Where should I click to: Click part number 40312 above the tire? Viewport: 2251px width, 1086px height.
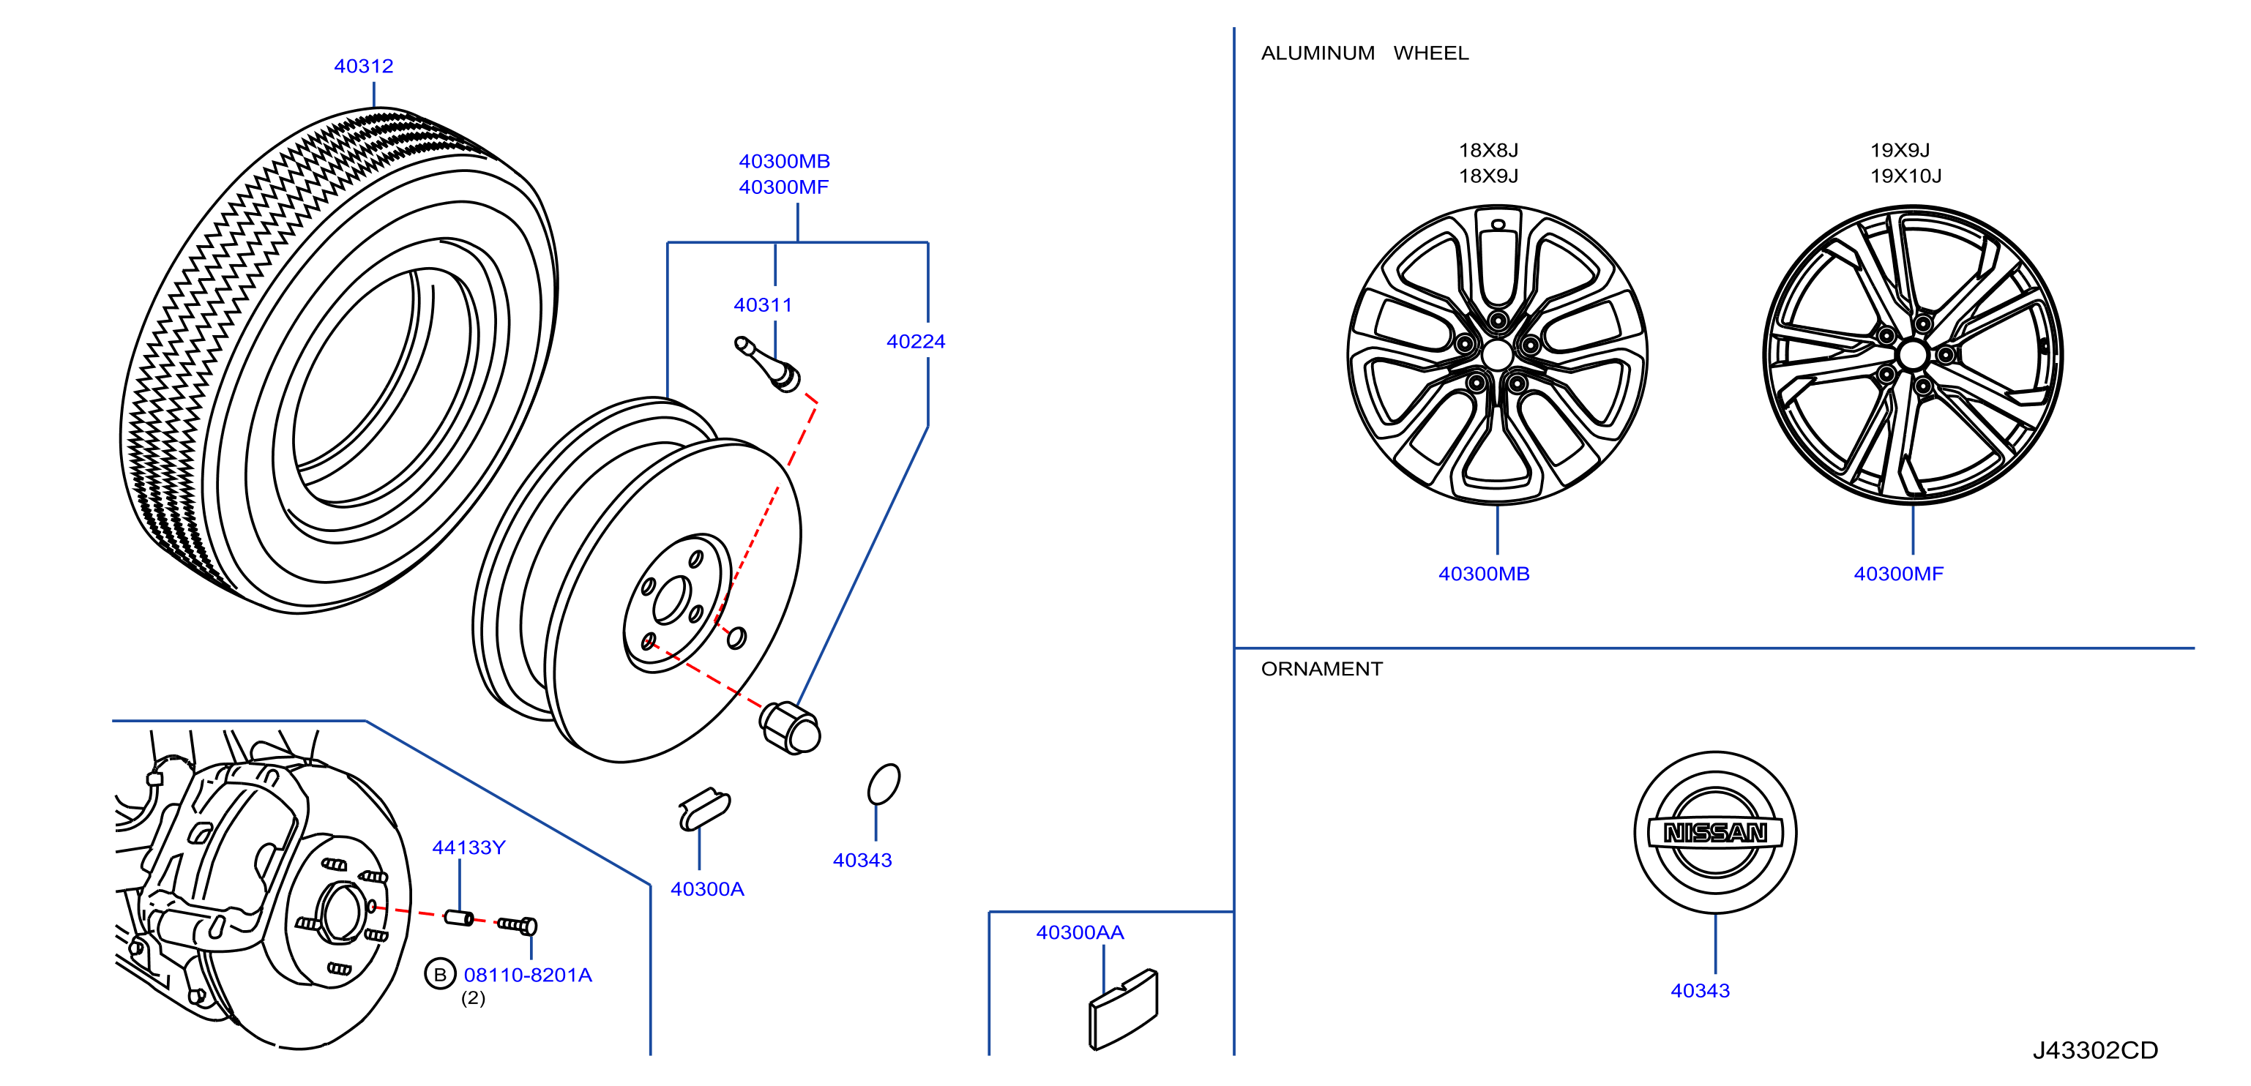364,67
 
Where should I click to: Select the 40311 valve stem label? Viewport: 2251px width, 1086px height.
763,305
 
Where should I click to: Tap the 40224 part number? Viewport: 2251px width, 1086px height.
916,342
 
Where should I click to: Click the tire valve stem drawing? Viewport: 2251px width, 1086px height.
767,364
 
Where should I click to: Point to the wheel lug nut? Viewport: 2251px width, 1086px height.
790,727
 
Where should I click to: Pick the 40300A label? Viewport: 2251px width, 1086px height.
707,889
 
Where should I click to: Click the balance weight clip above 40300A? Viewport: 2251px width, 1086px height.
704,808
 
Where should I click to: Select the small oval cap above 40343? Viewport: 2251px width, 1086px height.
884,784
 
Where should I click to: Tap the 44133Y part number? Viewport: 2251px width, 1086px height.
469,847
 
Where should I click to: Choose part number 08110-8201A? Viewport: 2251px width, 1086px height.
528,975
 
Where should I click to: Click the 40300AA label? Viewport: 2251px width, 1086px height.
1080,933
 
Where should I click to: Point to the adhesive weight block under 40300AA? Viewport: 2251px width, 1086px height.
1123,1009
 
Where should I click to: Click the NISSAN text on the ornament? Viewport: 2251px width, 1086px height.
1715,833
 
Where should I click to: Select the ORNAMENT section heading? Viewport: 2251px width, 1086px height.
1321,670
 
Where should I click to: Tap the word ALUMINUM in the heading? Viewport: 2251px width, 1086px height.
1318,53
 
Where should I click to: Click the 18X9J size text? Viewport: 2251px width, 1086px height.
1488,176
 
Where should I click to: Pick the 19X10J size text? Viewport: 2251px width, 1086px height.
1905,176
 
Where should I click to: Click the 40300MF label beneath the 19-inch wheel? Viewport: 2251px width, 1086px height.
1899,574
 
